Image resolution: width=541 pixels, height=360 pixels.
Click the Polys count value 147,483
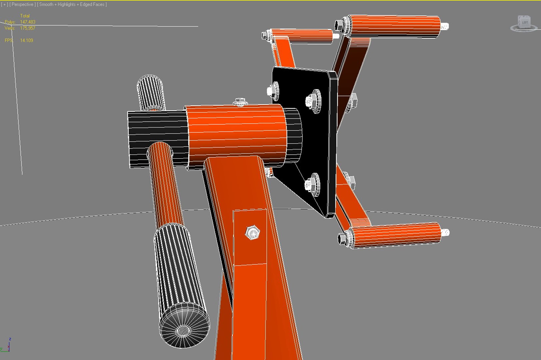[x=28, y=22]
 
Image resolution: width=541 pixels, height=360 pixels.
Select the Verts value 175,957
[x=28, y=28]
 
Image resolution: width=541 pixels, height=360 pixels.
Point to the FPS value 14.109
[x=27, y=40]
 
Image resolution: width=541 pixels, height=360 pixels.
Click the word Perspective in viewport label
[x=22, y=4]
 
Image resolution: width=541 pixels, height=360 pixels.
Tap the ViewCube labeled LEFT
[x=524, y=23]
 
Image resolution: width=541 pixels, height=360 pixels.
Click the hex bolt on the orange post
[x=252, y=232]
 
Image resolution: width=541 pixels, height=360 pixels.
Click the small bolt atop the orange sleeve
[x=240, y=101]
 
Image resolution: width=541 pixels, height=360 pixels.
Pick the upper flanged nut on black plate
[x=313, y=100]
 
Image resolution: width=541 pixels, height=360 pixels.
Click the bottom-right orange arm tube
[x=397, y=235]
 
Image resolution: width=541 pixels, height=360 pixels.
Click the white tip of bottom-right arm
[x=445, y=232]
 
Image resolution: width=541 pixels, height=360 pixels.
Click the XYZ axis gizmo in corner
[x=7, y=345]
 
